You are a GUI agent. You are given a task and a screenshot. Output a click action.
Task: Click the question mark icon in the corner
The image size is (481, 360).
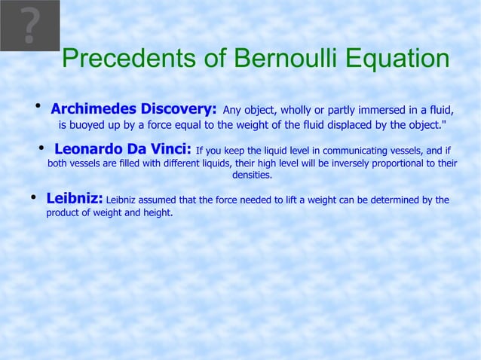tap(29, 26)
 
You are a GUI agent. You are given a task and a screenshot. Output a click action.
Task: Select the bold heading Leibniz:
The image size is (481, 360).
tap(75, 199)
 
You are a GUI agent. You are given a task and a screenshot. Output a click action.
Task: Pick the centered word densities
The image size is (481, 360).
tap(252, 175)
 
